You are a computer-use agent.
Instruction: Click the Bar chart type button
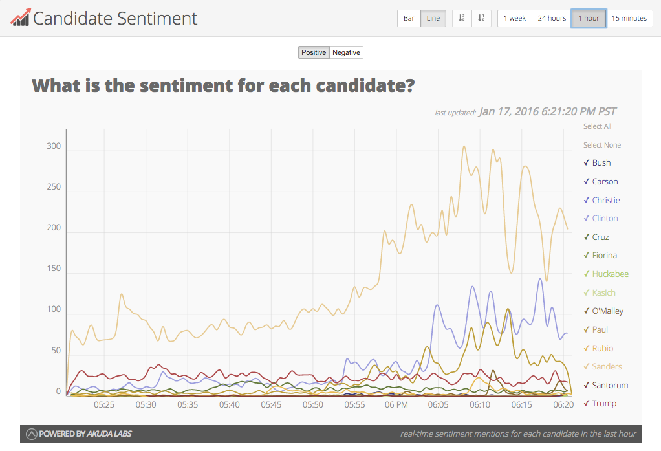[x=409, y=18]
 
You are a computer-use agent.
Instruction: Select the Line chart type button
[x=433, y=18]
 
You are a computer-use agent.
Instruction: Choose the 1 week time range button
[x=515, y=18]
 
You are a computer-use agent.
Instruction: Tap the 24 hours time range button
[x=552, y=18]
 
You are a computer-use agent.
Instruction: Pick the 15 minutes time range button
[x=629, y=18]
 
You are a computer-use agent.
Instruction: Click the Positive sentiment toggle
[x=314, y=52]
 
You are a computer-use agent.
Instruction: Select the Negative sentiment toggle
[x=346, y=52]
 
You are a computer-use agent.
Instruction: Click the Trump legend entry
[x=604, y=404]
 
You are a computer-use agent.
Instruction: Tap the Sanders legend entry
[x=607, y=367]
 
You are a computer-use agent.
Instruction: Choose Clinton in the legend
[x=605, y=219]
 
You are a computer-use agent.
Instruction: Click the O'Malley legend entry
[x=607, y=311]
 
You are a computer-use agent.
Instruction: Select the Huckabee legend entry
[x=610, y=274]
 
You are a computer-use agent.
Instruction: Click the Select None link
[x=601, y=145]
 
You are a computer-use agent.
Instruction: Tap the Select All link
[x=597, y=126]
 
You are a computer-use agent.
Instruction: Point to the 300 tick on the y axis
[x=53, y=146]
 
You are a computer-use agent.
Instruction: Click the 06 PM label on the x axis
[x=396, y=405]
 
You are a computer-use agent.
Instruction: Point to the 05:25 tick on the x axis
[x=104, y=405]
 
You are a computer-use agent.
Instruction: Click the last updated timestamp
[x=547, y=111]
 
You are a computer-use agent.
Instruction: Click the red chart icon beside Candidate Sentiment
[x=20, y=18]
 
